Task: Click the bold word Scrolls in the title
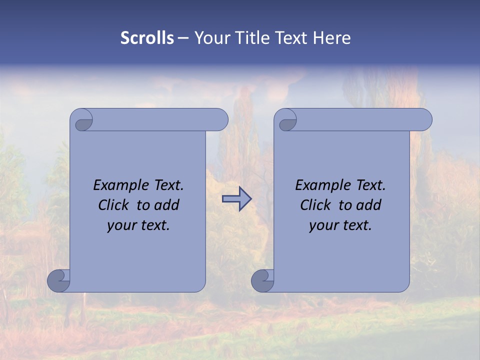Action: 147,38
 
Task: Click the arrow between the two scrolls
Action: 236,199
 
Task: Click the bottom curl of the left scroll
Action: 58,280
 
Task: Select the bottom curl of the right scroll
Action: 262,280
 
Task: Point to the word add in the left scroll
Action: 167,205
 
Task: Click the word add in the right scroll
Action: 369,205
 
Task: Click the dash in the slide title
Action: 183,38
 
